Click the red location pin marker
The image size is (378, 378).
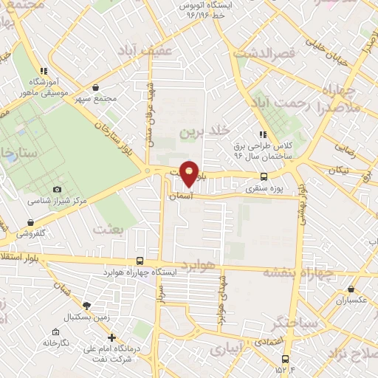click(x=190, y=173)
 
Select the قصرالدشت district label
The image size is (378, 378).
click(x=264, y=53)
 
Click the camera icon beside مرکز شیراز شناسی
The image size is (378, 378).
click(x=58, y=190)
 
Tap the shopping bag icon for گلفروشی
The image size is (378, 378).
click(x=30, y=221)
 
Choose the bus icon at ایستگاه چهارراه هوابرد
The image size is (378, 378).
click(x=140, y=261)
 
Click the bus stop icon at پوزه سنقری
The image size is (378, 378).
click(x=264, y=176)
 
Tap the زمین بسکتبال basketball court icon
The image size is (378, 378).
click(x=86, y=305)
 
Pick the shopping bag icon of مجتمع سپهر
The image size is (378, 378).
click(x=95, y=88)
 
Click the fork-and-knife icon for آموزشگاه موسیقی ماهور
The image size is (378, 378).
click(x=44, y=72)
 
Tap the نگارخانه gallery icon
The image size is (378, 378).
click(x=55, y=332)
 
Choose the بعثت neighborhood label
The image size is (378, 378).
click(x=111, y=230)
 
